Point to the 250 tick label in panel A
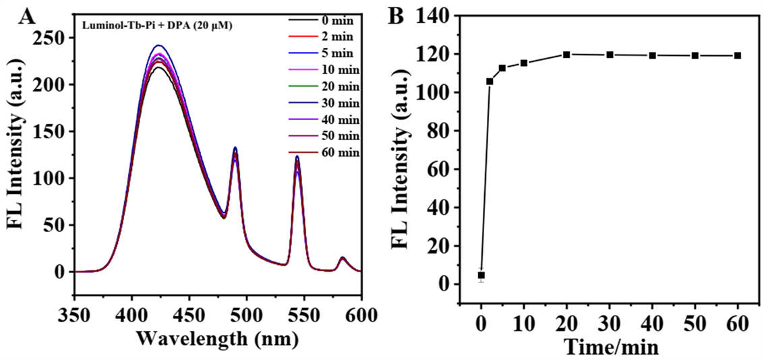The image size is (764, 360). [53, 38]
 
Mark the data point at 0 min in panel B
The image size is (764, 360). [481, 275]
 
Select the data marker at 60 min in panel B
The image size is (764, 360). [738, 55]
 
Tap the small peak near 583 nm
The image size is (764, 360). [343, 258]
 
